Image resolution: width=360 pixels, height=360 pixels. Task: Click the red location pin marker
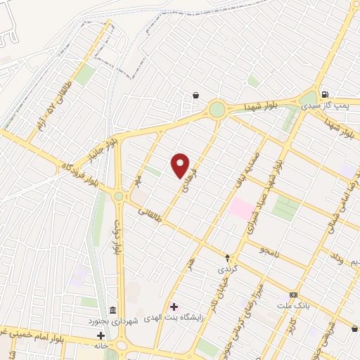[x=181, y=166]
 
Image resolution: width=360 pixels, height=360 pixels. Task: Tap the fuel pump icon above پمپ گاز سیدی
[x=323, y=95]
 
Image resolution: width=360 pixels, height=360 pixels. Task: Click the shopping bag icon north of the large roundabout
[x=195, y=96]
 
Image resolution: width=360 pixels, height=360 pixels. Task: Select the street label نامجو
[x=269, y=251]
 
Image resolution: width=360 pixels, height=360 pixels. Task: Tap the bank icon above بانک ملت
[x=293, y=295]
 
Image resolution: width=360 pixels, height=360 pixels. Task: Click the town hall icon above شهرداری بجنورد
[x=112, y=311]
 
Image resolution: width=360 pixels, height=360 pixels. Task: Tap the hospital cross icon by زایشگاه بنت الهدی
[x=174, y=307]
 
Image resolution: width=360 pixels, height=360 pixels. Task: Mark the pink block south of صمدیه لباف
[x=240, y=208]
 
